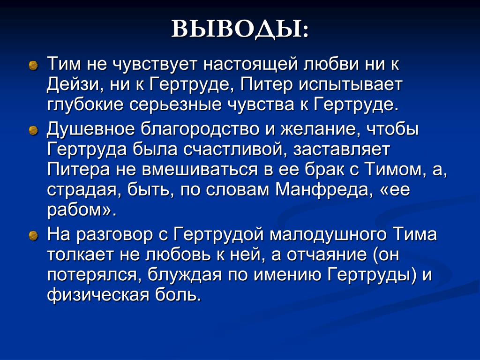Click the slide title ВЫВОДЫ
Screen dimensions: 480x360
coord(240,30)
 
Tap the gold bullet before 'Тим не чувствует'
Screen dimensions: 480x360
coord(33,66)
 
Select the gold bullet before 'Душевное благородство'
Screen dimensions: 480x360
coord(33,131)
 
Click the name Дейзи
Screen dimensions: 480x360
coord(74,85)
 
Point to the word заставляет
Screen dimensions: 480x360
coord(342,150)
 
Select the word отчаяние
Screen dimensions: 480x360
coord(326,255)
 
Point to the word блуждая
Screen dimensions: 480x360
coord(185,276)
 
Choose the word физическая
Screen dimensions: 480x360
coord(98,296)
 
